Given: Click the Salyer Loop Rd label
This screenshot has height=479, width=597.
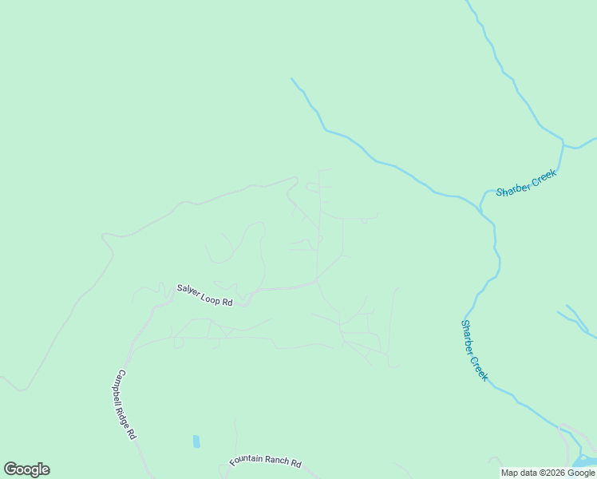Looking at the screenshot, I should click(x=204, y=294).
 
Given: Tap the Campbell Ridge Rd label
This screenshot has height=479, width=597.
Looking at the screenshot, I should click(x=127, y=405).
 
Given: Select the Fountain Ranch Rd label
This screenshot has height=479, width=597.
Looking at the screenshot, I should click(x=265, y=461).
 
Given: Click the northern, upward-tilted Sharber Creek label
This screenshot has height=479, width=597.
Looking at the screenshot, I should click(x=525, y=183).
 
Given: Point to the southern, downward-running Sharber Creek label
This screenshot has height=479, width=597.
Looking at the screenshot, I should click(x=474, y=350).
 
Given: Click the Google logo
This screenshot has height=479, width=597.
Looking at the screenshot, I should click(x=26, y=469).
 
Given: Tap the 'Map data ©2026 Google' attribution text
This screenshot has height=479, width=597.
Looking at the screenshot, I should click(x=548, y=473).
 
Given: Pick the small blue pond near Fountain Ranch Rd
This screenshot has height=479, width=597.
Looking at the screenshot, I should click(x=196, y=441).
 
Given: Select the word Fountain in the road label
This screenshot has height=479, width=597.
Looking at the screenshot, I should click(x=247, y=461).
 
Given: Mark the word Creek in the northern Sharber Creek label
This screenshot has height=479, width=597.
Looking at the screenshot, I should click(x=543, y=176).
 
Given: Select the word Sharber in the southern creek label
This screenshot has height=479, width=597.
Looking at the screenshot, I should click(x=469, y=337).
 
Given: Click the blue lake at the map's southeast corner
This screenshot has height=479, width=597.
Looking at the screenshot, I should click(x=585, y=461).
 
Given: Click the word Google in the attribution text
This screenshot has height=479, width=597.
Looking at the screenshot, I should click(x=582, y=473).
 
